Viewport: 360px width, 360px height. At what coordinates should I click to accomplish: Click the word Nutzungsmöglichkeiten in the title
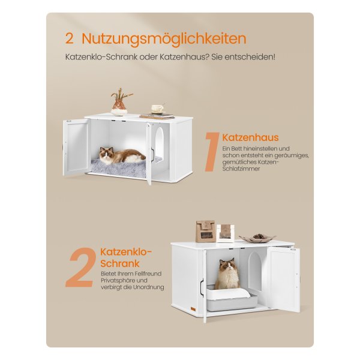[164, 39]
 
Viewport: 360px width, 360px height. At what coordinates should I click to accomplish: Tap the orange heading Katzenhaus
[250, 137]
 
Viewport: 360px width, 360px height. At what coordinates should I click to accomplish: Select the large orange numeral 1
[212, 152]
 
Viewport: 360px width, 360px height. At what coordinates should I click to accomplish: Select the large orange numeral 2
[81, 268]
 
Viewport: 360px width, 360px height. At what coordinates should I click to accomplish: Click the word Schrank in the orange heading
[120, 263]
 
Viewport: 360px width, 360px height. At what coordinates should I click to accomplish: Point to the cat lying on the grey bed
[122, 155]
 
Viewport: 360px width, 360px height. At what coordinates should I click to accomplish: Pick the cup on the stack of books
[157, 109]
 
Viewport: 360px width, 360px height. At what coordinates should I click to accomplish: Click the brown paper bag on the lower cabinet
[205, 232]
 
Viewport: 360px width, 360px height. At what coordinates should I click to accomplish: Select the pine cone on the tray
[257, 236]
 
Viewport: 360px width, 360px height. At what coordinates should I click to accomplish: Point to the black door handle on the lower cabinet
[202, 287]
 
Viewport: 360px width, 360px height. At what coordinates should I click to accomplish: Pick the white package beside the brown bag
[226, 233]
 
